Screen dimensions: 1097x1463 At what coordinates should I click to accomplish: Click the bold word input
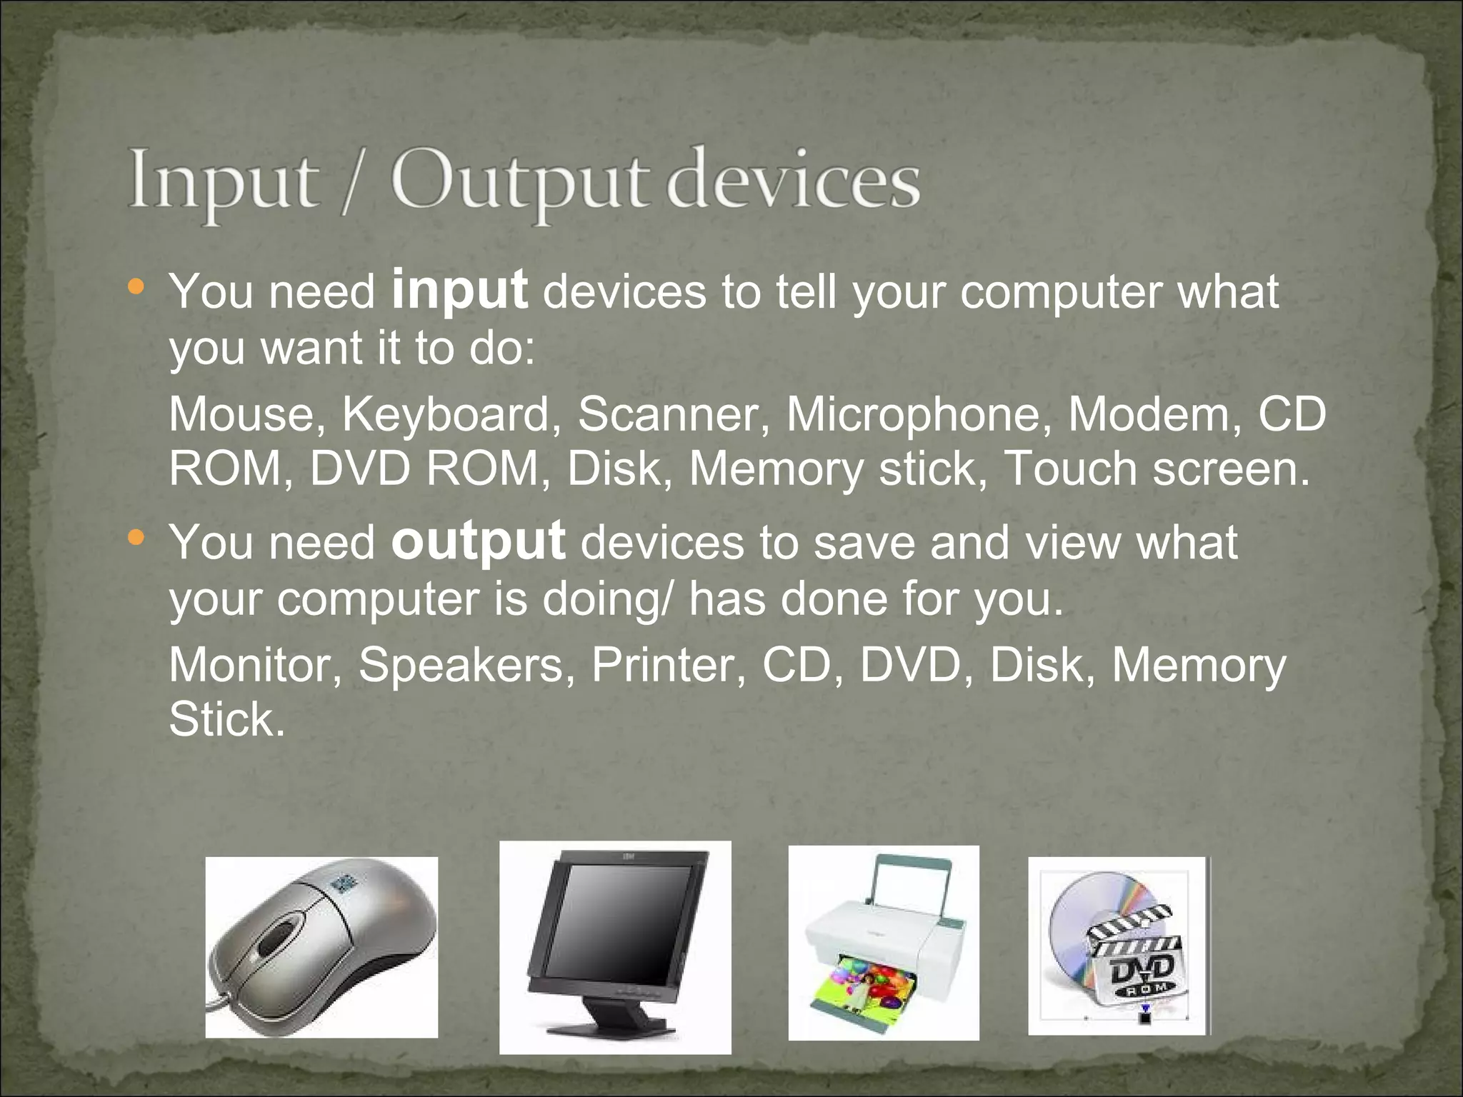point(459,291)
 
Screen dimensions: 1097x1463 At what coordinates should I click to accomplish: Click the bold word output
point(478,542)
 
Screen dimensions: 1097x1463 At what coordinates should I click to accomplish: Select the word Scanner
point(669,414)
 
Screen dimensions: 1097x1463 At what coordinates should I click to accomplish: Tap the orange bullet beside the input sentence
point(136,288)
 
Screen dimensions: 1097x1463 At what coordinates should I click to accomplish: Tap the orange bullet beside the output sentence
point(136,538)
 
